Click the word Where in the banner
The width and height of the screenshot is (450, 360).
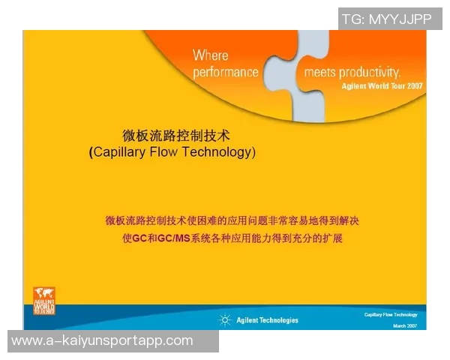tap(211, 55)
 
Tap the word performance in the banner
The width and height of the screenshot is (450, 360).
tap(226, 73)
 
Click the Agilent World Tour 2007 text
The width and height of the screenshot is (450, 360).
tap(382, 85)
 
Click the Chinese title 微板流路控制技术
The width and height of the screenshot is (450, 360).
tap(175, 135)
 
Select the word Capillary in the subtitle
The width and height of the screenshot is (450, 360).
tap(123, 151)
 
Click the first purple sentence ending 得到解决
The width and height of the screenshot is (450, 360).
tap(233, 221)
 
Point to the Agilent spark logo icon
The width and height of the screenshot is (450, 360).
tap(224, 319)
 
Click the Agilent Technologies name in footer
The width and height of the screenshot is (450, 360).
tap(267, 320)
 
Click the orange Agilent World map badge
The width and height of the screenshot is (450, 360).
tap(44, 301)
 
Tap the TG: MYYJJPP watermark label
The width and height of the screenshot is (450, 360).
tap(387, 19)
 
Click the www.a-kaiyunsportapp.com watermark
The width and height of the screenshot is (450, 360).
tap(102, 340)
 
